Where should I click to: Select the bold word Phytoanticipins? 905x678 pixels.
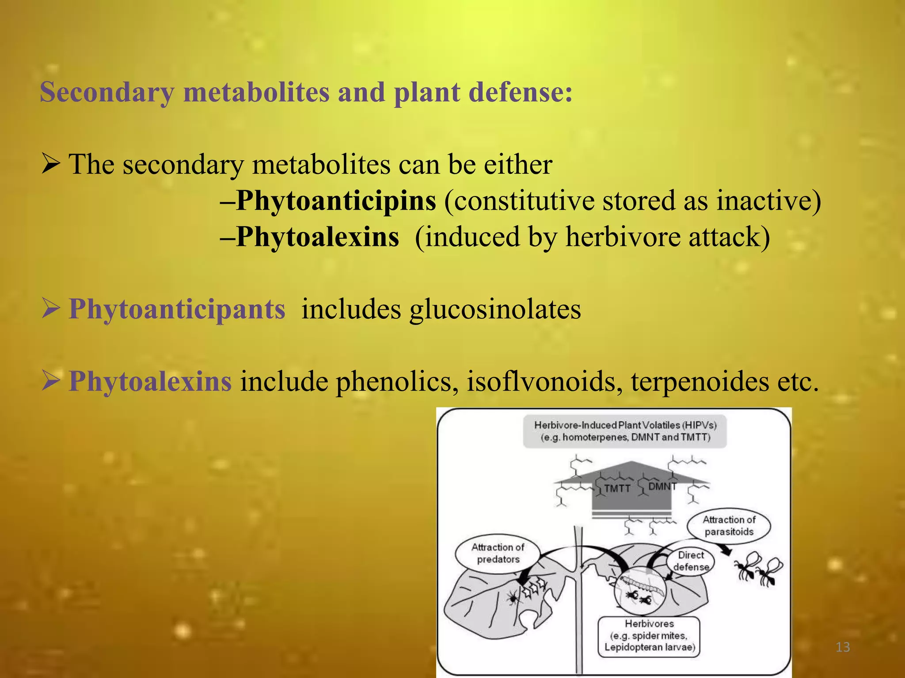336,201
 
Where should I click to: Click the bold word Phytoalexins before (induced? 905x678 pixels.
317,237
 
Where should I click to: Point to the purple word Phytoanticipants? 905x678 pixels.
177,309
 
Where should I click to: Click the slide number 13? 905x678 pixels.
843,648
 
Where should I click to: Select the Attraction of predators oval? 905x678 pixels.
498,553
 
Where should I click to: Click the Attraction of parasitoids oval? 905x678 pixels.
729,526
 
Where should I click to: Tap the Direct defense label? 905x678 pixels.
691,561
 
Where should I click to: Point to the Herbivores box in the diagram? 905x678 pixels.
649,636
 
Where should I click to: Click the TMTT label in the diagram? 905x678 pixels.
617,488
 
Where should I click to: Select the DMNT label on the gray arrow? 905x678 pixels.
662,486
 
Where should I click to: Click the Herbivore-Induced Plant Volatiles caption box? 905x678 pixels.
625,431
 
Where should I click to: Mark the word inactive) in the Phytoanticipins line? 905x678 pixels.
768,201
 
